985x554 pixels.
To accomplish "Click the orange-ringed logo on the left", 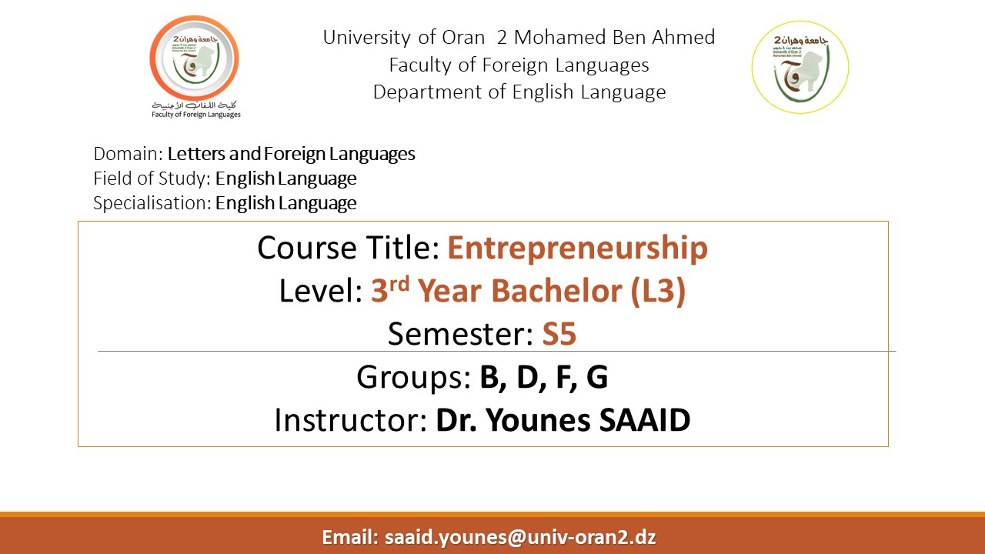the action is (x=195, y=58).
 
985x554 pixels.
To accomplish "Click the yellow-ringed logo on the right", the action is (x=800, y=67).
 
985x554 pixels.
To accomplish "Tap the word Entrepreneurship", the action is (x=577, y=248).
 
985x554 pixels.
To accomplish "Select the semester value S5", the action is (x=559, y=334).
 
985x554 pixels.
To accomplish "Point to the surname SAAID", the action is (x=645, y=420).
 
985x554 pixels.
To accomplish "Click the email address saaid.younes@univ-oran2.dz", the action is (x=520, y=537).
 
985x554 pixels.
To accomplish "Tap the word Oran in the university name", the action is (x=463, y=38).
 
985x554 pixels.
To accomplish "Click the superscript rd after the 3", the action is (x=399, y=284).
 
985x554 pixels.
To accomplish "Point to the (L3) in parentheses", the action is (x=658, y=291).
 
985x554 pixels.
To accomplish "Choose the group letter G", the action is (x=597, y=377).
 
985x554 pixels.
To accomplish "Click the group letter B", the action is (x=491, y=377).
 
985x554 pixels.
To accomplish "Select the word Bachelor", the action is (x=556, y=291).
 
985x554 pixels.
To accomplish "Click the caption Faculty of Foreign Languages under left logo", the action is (x=196, y=115).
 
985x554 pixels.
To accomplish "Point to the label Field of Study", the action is (x=149, y=179).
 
